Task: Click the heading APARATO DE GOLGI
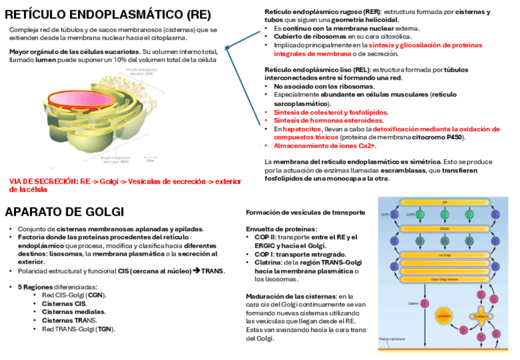pos(64,213)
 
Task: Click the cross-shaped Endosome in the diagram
pos(478,316)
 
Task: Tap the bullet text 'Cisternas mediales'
pos(65,312)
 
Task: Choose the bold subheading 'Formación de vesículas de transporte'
pos(305,213)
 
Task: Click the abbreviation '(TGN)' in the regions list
pos(105,329)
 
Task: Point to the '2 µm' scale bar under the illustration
pos(150,161)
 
